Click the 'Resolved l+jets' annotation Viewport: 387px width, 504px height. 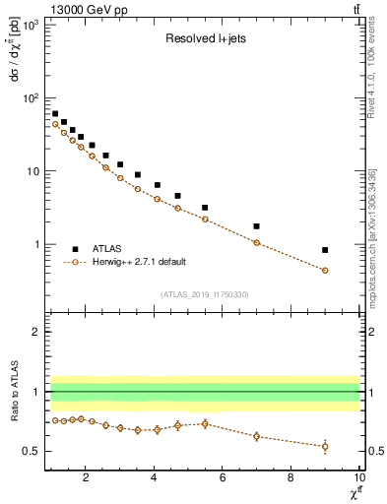click(x=204, y=40)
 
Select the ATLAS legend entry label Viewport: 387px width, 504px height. click(x=107, y=249)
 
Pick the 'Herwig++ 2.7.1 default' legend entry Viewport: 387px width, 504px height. click(x=140, y=262)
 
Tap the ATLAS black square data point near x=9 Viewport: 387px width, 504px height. click(x=325, y=250)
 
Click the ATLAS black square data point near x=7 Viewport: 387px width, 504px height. click(x=256, y=226)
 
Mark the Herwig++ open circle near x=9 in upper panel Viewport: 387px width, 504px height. click(x=325, y=270)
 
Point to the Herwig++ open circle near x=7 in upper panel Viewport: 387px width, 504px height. click(x=256, y=242)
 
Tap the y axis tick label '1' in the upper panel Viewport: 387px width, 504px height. click(x=36, y=244)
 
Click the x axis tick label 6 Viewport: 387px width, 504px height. click(x=223, y=479)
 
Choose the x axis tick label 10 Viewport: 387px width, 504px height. click(x=357, y=479)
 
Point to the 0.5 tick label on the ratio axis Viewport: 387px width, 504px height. click(x=32, y=451)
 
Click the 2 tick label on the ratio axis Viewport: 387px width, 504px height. click(x=36, y=332)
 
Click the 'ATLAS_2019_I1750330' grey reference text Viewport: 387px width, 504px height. click(x=204, y=294)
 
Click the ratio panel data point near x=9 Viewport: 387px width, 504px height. click(x=325, y=446)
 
